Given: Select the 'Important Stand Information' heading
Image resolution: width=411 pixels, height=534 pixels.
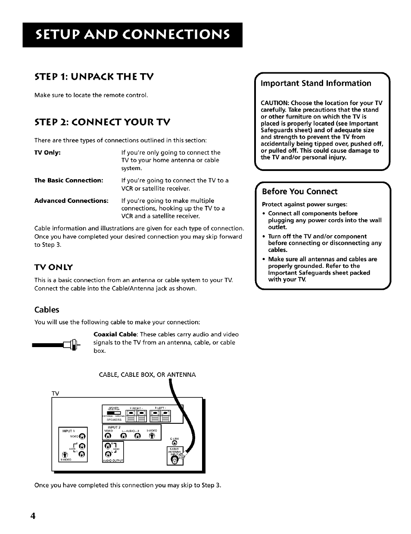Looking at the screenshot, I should pyautogui.click(x=316, y=83).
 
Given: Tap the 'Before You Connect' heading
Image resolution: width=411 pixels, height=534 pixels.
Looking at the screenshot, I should pyautogui.click(x=299, y=191).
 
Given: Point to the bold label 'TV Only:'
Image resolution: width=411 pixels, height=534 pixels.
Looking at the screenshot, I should pyautogui.click(x=47, y=152).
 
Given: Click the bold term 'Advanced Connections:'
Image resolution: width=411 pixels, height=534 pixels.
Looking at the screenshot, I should pyautogui.click(x=71, y=201).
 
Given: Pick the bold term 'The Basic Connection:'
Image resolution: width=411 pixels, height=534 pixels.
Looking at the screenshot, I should pyautogui.click(x=68, y=180).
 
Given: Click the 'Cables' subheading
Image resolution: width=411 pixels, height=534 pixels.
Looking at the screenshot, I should pyautogui.click(x=47, y=310).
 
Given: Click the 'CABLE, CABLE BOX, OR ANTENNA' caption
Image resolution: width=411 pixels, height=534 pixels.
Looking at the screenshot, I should pyautogui.click(x=147, y=375).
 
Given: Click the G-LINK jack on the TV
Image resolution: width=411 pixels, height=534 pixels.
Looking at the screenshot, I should pyautogui.click(x=174, y=443).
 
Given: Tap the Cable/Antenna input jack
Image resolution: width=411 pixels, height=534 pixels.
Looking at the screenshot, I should pyautogui.click(x=174, y=460).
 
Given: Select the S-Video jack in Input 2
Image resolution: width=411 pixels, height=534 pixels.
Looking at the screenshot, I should pyautogui.click(x=151, y=436).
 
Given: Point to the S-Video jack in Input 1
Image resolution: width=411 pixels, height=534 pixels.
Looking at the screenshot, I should pyautogui.click(x=65, y=454).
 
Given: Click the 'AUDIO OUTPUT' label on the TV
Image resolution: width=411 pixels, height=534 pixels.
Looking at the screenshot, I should pyautogui.click(x=113, y=460).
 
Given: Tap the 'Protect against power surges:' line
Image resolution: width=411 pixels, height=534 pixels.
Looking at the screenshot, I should pyautogui.click(x=304, y=204).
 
